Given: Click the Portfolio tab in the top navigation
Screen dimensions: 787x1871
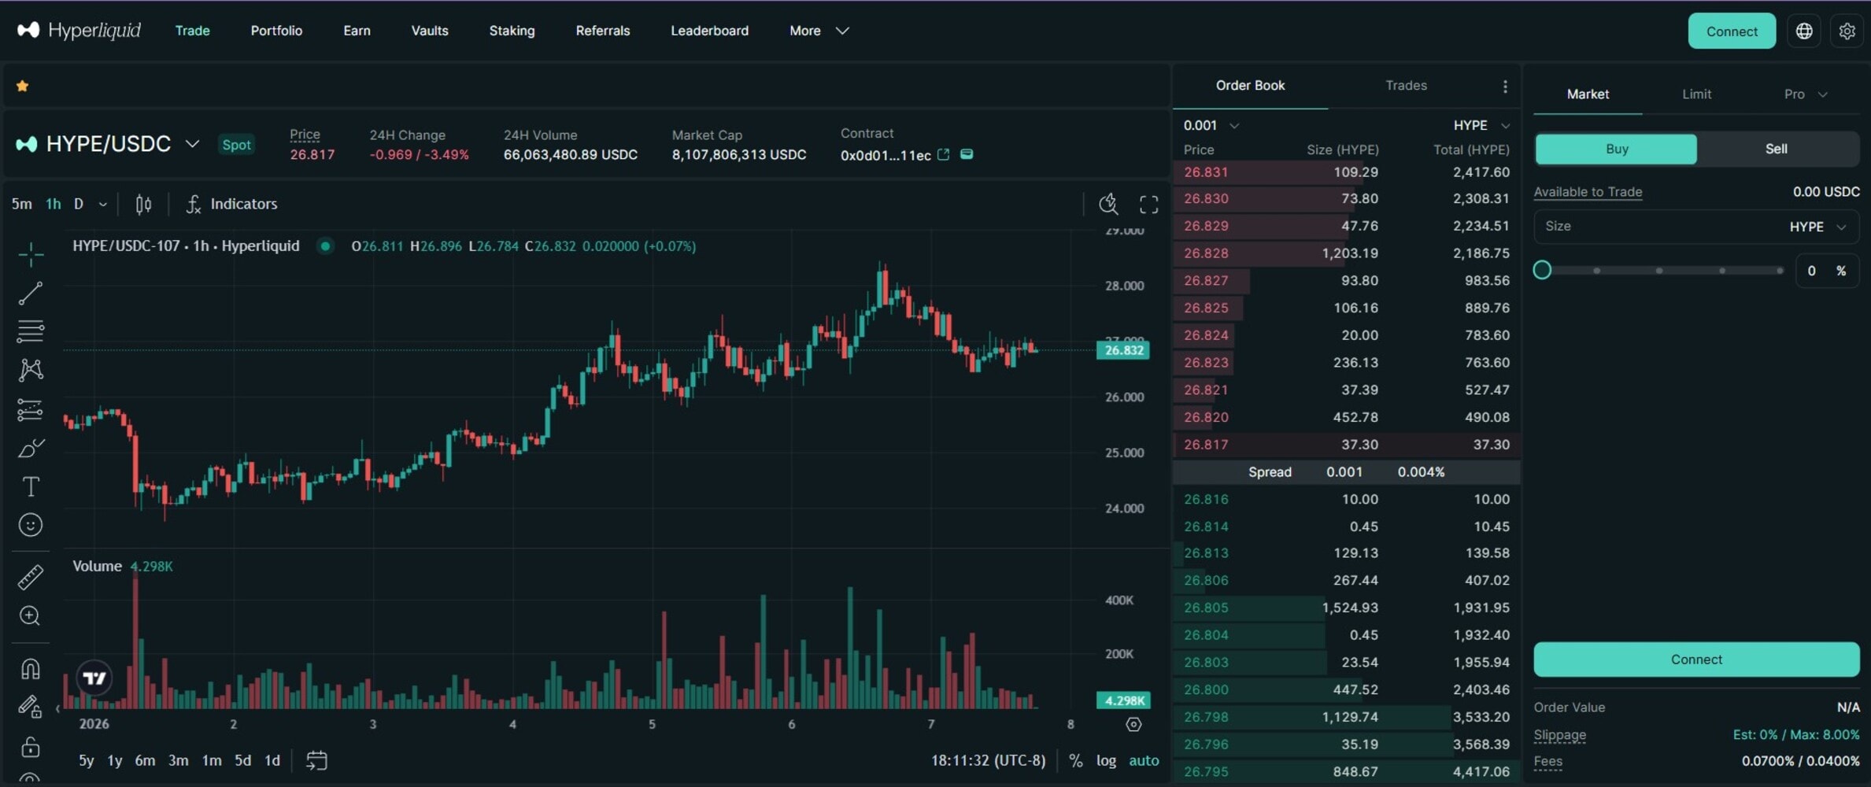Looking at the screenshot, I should click(x=276, y=31).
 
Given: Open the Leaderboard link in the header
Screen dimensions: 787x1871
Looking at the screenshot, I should click(x=709, y=31).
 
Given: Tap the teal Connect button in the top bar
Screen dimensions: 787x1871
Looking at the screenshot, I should click(x=1731, y=31).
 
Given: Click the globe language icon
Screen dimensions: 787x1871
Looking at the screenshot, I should click(x=1804, y=31).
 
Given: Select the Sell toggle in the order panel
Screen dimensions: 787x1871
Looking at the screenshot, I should click(x=1776, y=149).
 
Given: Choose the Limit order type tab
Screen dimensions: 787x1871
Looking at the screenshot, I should click(x=1696, y=94).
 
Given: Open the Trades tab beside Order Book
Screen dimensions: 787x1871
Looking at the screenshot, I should click(x=1406, y=85).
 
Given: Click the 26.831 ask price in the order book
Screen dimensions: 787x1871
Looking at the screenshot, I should click(x=1205, y=172).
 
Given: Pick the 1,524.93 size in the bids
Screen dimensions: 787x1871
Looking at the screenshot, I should click(x=1349, y=608).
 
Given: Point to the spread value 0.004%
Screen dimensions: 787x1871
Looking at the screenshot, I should click(x=1421, y=472).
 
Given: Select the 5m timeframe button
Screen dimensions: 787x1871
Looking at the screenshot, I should click(x=22, y=205).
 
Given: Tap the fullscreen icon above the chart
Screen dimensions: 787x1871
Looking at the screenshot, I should click(x=1148, y=205).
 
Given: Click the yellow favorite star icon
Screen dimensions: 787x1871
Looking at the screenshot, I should click(x=23, y=87).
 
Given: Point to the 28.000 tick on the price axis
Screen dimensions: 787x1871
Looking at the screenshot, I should click(x=1124, y=286).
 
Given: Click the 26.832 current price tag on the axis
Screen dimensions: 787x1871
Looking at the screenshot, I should click(x=1123, y=350).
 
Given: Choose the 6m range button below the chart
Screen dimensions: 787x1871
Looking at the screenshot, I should click(x=145, y=760).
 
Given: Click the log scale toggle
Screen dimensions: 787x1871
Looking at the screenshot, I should click(x=1106, y=760).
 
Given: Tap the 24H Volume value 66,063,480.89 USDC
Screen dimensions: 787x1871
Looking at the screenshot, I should click(x=570, y=155).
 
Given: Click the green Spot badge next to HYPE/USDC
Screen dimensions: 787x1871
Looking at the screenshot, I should click(x=236, y=145).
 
